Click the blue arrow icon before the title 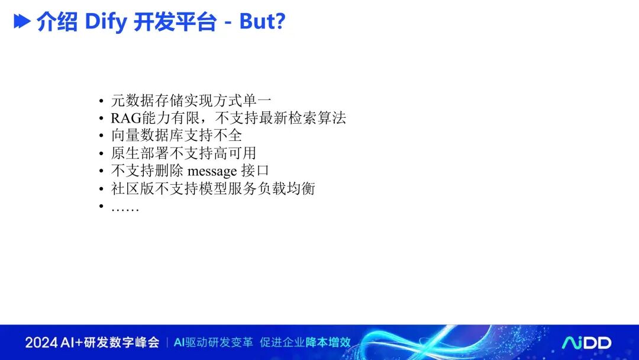click(x=22, y=21)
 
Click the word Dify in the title click(x=106, y=22)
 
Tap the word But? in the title click(x=262, y=21)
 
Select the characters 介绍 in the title click(x=57, y=22)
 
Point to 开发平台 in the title click(x=175, y=22)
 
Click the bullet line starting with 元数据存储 click(x=191, y=100)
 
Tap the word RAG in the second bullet click(x=126, y=118)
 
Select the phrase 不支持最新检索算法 click(x=281, y=118)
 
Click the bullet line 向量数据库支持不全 click(x=176, y=136)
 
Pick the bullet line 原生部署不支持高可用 click(x=184, y=153)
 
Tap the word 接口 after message click(x=255, y=171)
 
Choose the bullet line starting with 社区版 click(x=213, y=188)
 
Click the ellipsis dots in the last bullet click(x=125, y=210)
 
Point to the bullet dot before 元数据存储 click(x=101, y=101)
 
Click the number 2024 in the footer click(x=41, y=342)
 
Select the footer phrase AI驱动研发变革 click(x=214, y=342)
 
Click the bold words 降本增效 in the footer click(x=328, y=342)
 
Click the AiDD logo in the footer click(x=586, y=342)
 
